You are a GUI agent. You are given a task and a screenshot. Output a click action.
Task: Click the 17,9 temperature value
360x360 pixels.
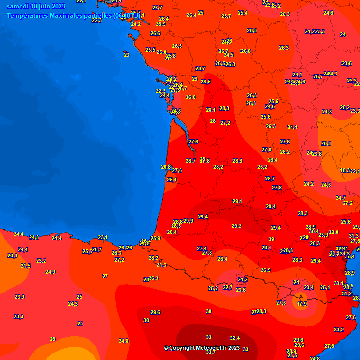click(x=302, y=304)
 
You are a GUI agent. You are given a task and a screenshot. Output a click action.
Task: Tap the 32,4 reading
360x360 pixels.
click(x=235, y=338)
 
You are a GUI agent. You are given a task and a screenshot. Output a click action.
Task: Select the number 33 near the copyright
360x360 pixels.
click(x=246, y=349)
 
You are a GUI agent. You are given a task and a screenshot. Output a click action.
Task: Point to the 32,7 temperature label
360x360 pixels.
click(x=210, y=352)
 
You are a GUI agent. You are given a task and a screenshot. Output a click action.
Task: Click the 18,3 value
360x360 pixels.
click(x=345, y=170)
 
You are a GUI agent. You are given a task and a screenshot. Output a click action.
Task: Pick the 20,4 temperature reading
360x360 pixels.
click(x=308, y=287)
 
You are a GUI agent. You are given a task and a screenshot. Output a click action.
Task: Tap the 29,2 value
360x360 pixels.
click(x=236, y=226)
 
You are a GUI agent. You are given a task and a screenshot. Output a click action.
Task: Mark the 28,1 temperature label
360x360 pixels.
click(x=210, y=110)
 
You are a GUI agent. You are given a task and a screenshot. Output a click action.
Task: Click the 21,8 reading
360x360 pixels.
click(x=327, y=112)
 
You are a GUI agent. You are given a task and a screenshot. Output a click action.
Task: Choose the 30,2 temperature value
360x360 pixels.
click(x=338, y=330)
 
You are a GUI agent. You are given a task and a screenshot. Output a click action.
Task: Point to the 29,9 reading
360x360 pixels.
click(x=188, y=221)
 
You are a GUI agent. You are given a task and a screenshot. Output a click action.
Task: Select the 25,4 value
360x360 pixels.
click(x=242, y=13)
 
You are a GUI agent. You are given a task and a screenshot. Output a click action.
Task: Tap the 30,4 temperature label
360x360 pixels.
click(x=314, y=231)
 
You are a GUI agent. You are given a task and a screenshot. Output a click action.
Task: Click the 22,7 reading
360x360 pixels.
click(x=228, y=287)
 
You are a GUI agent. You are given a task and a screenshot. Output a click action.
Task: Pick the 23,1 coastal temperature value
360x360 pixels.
click(x=103, y=237)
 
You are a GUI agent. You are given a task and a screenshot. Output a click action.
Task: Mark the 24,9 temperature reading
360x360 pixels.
click(x=51, y=272)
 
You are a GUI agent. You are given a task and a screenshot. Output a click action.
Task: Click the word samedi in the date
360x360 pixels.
click(x=18, y=6)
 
